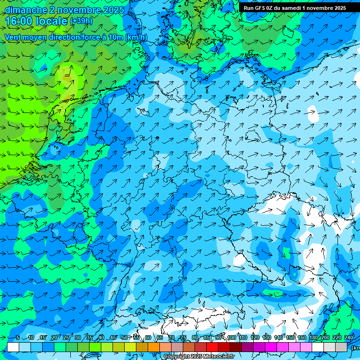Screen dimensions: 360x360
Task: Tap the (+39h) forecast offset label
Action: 81,21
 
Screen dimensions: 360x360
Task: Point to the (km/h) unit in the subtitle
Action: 136,37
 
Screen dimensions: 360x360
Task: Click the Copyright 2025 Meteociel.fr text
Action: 199,357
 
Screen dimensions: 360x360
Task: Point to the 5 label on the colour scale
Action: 17,338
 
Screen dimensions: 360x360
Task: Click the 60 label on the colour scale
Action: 148,338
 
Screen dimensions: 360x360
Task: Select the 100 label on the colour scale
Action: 232,338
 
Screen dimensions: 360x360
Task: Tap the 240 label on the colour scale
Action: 348,338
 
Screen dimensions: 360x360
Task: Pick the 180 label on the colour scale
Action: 313,338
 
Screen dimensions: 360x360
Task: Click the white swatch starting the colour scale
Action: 13,347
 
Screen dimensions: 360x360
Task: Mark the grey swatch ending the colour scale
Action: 341,347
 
